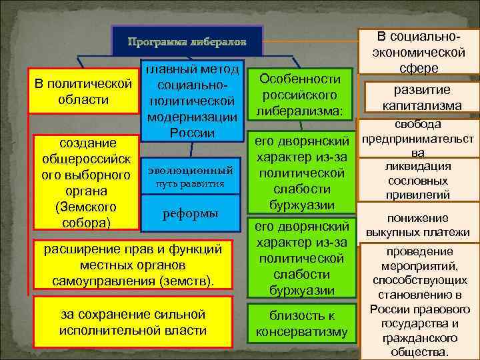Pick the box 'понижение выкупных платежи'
pyautogui.click(x=417, y=225)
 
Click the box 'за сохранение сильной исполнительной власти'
pyautogui.click(x=132, y=322)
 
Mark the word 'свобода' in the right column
pyautogui.click(x=417, y=124)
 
